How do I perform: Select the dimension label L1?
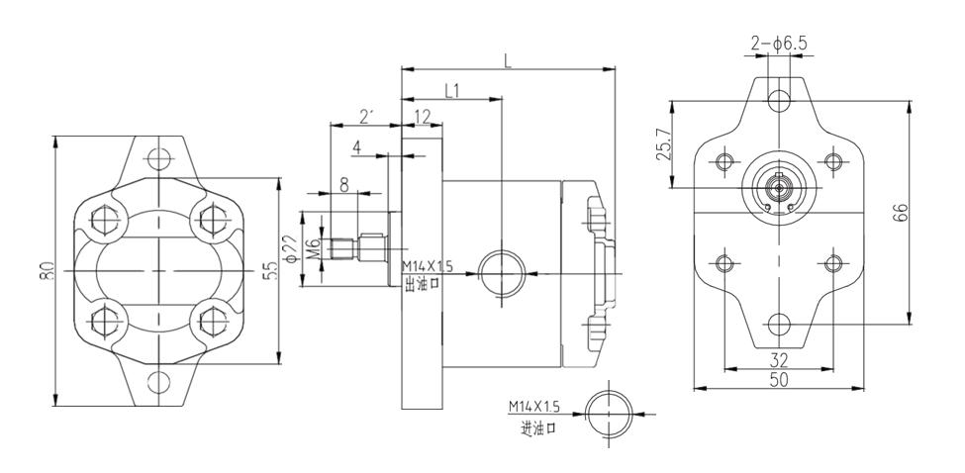point(451,91)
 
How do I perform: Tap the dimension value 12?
point(422,117)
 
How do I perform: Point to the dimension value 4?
point(356,147)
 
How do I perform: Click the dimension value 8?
point(344,184)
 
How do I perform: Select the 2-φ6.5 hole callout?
point(779,44)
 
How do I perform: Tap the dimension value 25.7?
point(663,144)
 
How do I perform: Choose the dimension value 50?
point(779,381)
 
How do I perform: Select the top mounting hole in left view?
point(158,159)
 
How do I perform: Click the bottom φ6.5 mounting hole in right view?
point(779,324)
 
